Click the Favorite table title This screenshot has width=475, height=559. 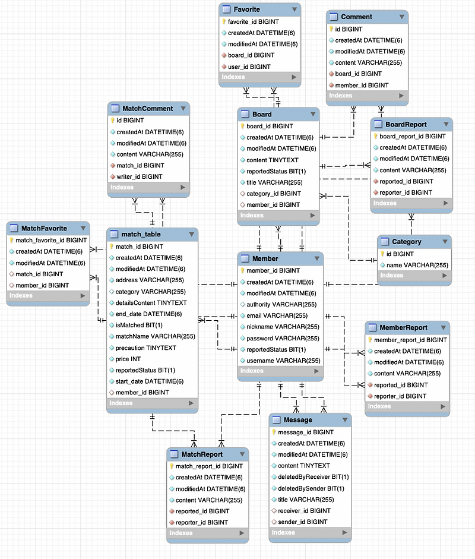[247, 10]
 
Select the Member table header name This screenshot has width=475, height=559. [265, 259]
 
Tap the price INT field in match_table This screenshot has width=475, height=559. [128, 359]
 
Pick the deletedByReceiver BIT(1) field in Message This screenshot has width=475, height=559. [313, 477]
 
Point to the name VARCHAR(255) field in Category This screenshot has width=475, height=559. [417, 265]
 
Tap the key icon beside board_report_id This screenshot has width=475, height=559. [375, 136]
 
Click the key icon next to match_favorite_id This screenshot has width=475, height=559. [11, 241]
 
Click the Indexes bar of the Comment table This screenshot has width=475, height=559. [367, 96]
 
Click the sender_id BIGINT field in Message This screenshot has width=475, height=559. [302, 522]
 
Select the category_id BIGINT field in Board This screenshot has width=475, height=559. [274, 194]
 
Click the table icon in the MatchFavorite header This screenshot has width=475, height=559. [14, 229]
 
